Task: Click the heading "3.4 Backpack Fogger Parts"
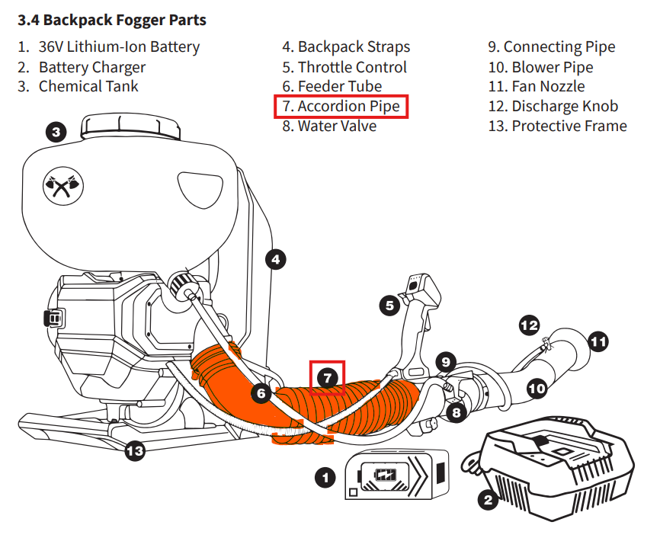(x=112, y=20)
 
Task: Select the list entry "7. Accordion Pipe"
(x=341, y=107)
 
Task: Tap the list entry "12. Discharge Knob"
(x=553, y=107)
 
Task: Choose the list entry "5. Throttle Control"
(x=344, y=67)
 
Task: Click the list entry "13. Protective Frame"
(x=557, y=126)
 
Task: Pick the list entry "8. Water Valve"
(x=329, y=126)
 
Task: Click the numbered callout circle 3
(x=56, y=133)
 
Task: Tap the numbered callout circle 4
(x=276, y=260)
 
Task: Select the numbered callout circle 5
(x=389, y=306)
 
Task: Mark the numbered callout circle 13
(x=134, y=451)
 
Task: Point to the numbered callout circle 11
(x=600, y=341)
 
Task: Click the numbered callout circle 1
(x=325, y=478)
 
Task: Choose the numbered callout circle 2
(x=488, y=500)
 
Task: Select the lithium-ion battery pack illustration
(x=395, y=476)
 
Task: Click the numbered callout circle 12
(x=529, y=325)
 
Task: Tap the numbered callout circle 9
(x=446, y=361)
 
